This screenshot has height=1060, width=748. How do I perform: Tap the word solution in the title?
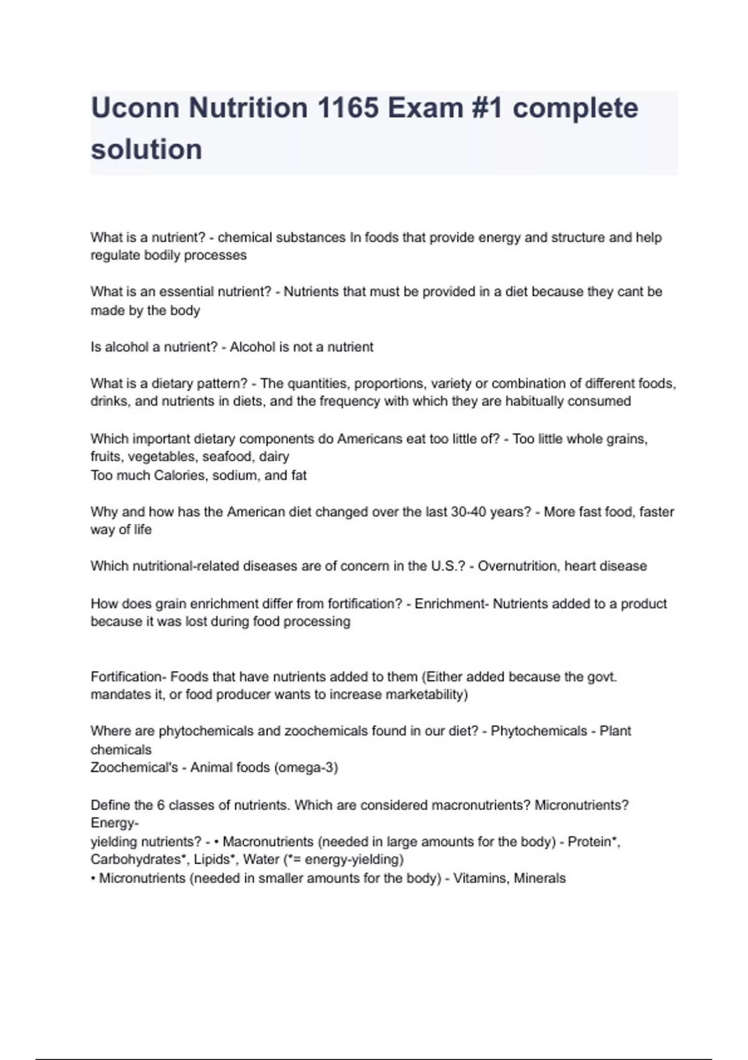pos(146,150)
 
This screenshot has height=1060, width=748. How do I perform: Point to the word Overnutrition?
pos(516,566)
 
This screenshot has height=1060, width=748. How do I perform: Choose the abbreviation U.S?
pos(448,566)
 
